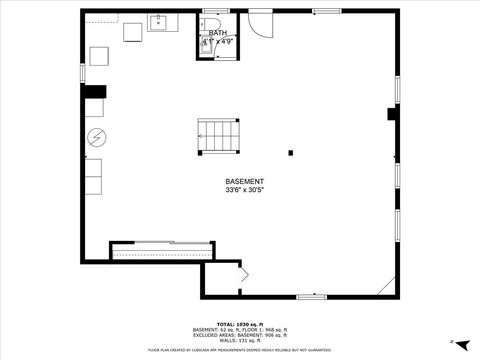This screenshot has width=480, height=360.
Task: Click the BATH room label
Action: click(x=217, y=33)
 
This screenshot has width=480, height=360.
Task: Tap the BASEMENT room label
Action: click(x=244, y=181)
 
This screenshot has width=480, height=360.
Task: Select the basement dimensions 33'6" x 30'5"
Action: click(x=244, y=190)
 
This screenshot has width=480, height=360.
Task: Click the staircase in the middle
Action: click(x=219, y=133)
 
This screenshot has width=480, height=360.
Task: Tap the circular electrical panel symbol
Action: click(x=97, y=137)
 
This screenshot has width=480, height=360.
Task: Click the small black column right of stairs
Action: click(x=290, y=153)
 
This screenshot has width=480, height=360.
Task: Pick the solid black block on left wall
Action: click(x=95, y=93)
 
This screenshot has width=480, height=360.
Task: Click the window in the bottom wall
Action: click(x=312, y=296)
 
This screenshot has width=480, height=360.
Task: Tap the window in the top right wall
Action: click(x=326, y=11)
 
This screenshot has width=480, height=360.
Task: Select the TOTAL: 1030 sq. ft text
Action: click(x=240, y=324)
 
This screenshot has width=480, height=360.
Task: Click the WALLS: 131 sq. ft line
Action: click(x=240, y=341)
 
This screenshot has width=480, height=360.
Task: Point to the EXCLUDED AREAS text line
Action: click(x=240, y=335)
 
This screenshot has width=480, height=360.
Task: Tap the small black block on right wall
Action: click(x=392, y=114)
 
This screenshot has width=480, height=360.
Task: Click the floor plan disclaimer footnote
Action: click(x=240, y=350)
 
